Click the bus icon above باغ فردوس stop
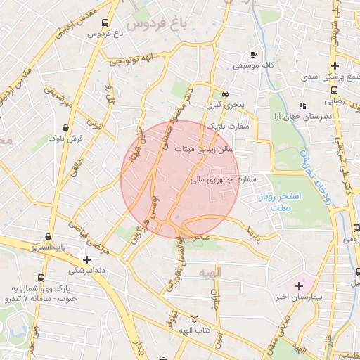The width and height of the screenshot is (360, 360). click(x=105, y=22)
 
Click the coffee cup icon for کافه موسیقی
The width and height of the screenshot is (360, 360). click(x=253, y=54)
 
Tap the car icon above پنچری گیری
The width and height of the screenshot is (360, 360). click(x=225, y=93)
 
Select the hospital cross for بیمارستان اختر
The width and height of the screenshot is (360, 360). click(x=299, y=285)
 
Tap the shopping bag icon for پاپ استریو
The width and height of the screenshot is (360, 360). click(x=48, y=237)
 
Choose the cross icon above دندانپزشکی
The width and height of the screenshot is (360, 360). click(x=86, y=259)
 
